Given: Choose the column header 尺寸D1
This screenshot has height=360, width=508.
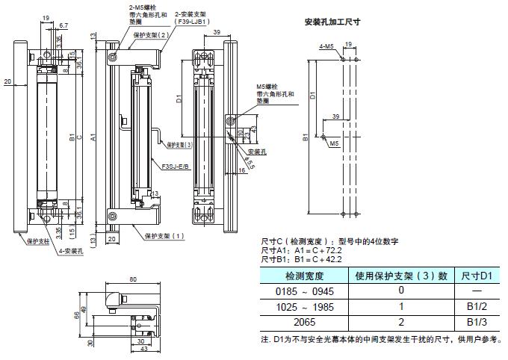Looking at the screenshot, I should [x=477, y=276].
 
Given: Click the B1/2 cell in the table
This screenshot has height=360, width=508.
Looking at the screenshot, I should [x=477, y=306].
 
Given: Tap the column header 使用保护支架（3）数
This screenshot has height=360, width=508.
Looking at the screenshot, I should [x=401, y=276].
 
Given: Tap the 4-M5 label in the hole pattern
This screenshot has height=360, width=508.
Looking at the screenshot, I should [x=326, y=46].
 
